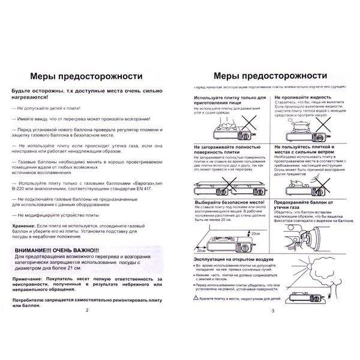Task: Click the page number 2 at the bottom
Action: click(x=87, y=327)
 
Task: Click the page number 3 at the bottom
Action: click(x=272, y=327)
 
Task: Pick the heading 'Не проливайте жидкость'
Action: click(x=302, y=97)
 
